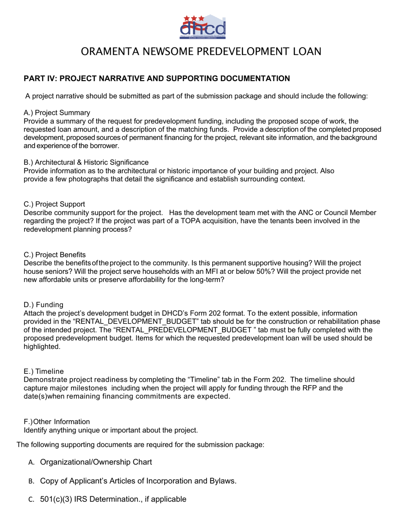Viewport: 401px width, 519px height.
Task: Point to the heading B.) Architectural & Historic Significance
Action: click(86, 162)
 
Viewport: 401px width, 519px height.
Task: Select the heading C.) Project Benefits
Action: click(55, 255)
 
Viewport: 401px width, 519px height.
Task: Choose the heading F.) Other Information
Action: click(57, 422)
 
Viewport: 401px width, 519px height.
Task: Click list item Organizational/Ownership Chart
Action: click(96, 462)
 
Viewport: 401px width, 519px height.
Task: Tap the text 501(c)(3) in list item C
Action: click(56, 500)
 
